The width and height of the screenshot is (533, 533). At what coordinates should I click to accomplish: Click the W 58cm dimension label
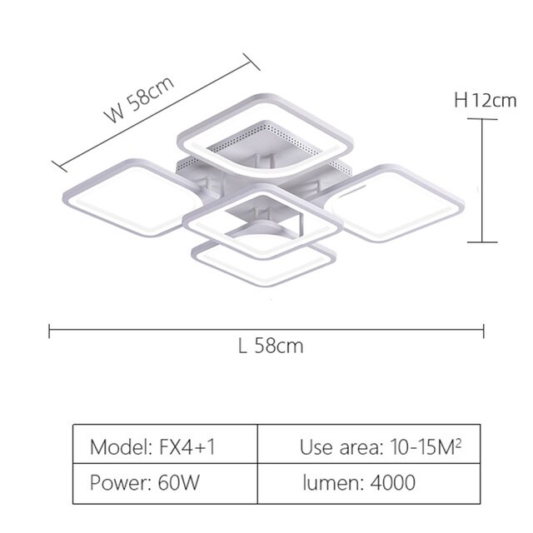pos(141,99)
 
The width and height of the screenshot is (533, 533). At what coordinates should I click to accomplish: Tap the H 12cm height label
pos(485,101)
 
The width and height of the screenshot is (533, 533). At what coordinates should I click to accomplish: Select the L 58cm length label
pos(271,346)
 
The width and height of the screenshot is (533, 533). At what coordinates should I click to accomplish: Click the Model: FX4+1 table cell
pos(165,443)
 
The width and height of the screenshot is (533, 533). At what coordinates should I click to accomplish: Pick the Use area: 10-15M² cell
pos(369,443)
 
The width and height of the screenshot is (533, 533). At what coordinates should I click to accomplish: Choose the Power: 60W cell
pos(165,483)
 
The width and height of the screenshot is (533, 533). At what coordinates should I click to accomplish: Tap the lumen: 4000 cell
pos(369,483)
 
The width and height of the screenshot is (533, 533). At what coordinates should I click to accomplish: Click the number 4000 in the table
pos(392,482)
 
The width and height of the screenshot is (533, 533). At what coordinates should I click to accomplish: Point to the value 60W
pos(179,482)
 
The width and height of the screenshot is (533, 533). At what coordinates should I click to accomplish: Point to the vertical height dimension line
pos(482,181)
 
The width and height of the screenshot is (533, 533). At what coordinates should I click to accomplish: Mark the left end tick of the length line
pos(50,331)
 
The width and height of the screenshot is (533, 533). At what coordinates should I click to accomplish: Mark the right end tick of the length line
pos(483,331)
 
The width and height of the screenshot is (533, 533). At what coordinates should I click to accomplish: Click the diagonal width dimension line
pos(156,112)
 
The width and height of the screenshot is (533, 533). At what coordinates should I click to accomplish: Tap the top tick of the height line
pos(482,119)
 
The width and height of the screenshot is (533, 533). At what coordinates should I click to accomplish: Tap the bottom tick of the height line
pos(482,242)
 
